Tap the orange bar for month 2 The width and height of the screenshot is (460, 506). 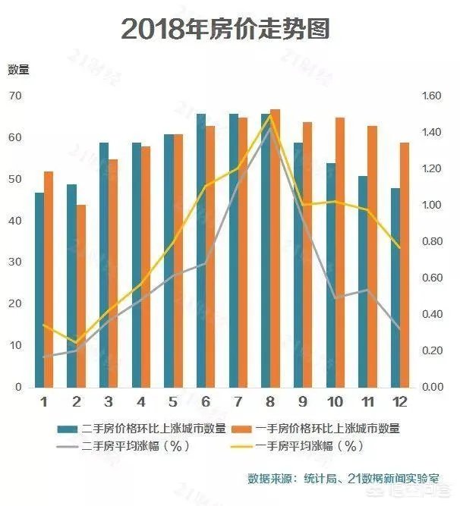(x=81, y=296)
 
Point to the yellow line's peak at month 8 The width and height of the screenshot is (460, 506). (x=270, y=115)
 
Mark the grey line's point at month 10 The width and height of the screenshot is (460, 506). (x=336, y=298)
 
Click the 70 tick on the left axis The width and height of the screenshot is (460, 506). (x=16, y=96)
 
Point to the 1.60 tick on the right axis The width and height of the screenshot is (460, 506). (x=431, y=96)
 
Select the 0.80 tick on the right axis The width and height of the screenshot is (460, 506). (x=431, y=242)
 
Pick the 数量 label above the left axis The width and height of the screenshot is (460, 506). (x=18, y=70)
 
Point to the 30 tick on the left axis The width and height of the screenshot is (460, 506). (x=16, y=262)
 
